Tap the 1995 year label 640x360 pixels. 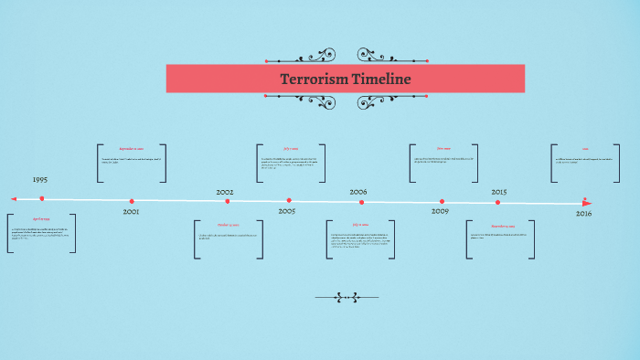click(x=40, y=180)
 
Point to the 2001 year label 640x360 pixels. click(x=131, y=212)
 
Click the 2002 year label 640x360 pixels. click(x=225, y=193)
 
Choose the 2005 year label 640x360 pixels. click(x=287, y=211)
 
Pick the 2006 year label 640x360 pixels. click(x=358, y=193)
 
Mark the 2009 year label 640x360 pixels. click(x=440, y=212)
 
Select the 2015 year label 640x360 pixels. click(x=499, y=193)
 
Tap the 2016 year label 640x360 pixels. click(x=583, y=213)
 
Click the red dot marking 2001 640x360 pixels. click(x=132, y=201)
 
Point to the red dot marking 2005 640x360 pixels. click(x=289, y=201)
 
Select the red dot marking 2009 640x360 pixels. click(x=442, y=202)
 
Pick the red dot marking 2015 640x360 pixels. click(x=498, y=202)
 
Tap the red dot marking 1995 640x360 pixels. click(x=42, y=198)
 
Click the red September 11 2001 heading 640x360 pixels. click(x=132, y=148)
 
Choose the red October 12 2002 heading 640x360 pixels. click(x=229, y=225)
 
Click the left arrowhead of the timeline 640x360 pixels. click(x=14, y=198)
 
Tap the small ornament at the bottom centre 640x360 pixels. click(x=347, y=297)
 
